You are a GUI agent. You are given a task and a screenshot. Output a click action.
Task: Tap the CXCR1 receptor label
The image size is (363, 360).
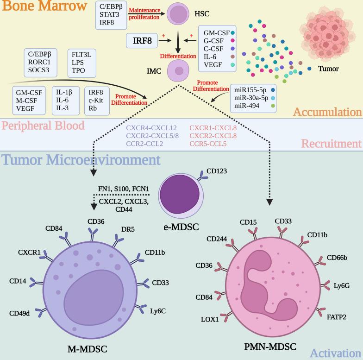point(30,253)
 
